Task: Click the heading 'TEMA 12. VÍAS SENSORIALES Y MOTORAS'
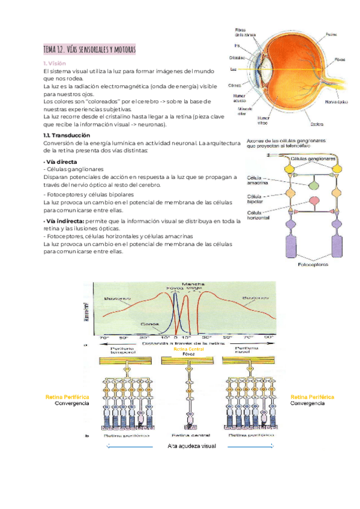[90, 48]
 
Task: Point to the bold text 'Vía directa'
[61, 162]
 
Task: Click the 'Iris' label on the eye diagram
[237, 44]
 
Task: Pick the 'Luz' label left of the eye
[233, 70]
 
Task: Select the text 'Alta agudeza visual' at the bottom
[190, 446]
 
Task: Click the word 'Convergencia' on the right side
[308, 403]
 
